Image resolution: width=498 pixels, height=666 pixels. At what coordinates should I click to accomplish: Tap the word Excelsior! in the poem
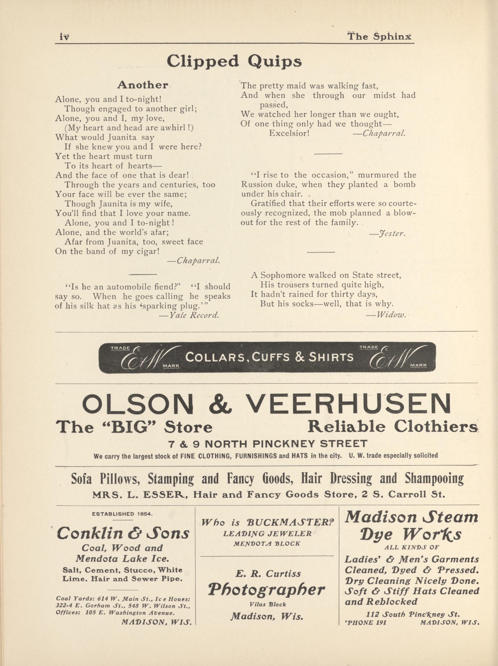click(289, 133)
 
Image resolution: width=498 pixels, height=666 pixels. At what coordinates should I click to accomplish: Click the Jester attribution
click(391, 233)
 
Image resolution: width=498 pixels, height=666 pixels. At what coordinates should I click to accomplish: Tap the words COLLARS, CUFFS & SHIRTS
click(269, 357)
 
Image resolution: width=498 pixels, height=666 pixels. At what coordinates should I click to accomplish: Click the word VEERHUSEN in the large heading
click(351, 404)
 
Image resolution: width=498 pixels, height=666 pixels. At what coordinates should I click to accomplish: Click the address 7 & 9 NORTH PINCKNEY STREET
click(268, 444)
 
